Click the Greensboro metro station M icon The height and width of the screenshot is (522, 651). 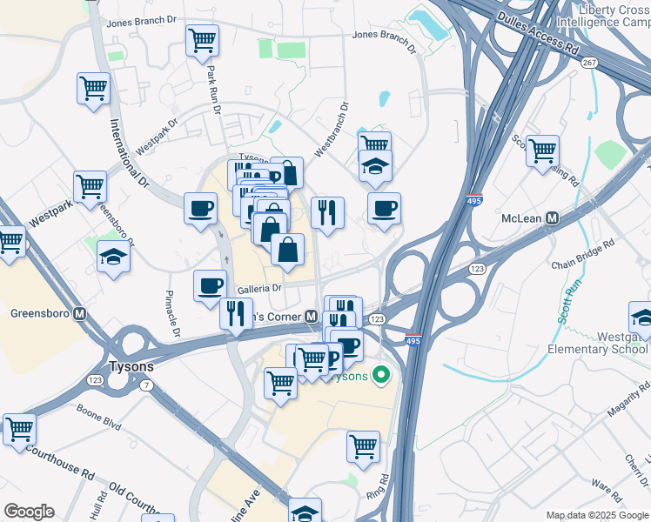pyautogui.click(x=79, y=314)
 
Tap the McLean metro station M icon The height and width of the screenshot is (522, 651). pyautogui.click(x=550, y=219)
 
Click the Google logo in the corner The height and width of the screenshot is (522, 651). pyautogui.click(x=29, y=512)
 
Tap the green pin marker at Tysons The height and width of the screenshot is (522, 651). pyautogui.click(x=379, y=376)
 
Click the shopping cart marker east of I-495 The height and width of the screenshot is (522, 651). pyautogui.click(x=542, y=151)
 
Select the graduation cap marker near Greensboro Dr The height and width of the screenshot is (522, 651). pyautogui.click(x=113, y=257)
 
